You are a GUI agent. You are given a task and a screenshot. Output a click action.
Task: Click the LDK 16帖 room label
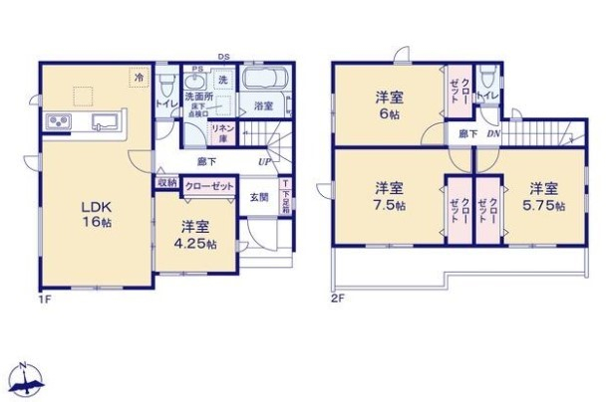[97, 214]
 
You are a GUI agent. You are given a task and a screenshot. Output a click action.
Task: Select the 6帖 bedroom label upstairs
[389, 105]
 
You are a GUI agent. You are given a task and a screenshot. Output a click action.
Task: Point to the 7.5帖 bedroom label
[390, 197]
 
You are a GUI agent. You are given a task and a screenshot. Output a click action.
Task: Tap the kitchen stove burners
[57, 123]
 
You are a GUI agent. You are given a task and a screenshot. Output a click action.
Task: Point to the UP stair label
[265, 161]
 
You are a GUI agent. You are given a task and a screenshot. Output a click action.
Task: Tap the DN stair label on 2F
[492, 133]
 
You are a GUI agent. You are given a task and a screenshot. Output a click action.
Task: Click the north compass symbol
[27, 378]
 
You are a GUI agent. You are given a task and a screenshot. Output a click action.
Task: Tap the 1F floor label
[45, 297]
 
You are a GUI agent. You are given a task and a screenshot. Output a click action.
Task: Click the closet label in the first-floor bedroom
[208, 185]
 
